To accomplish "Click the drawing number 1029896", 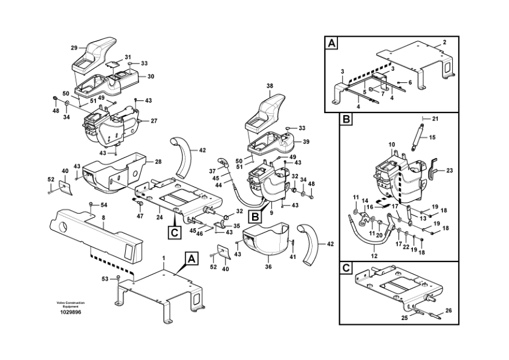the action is [x=71, y=312].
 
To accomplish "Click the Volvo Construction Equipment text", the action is [x=71, y=304].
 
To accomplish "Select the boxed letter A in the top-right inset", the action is [x=331, y=43].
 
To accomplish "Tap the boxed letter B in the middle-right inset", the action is [x=346, y=120].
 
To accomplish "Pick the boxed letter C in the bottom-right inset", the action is [x=346, y=268].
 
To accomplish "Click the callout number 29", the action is [x=74, y=48].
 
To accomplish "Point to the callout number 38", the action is [x=270, y=86].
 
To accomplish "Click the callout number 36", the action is [x=268, y=267].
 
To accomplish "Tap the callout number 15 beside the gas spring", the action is [x=432, y=137].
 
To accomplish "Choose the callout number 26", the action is [x=449, y=310].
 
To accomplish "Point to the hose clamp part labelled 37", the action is [x=223, y=162].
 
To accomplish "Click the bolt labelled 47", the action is [x=140, y=203].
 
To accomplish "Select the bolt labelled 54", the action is [x=91, y=204].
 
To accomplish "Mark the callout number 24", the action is [x=159, y=217].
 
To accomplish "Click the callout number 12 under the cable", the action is [x=374, y=256].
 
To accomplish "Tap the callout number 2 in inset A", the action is [x=444, y=42].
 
